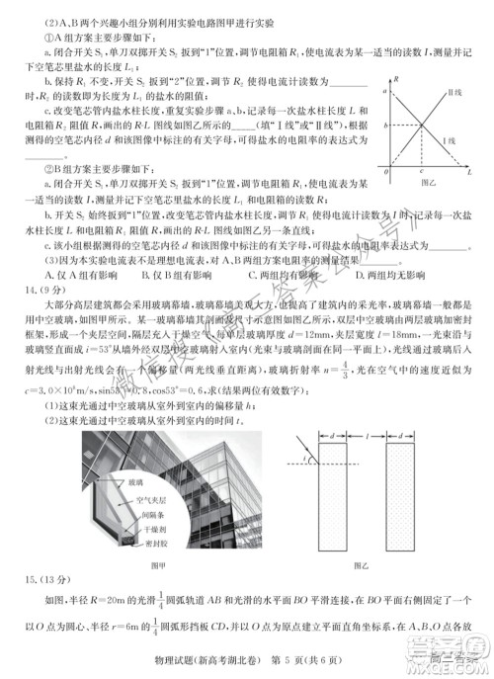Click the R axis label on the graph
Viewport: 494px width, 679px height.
(x=396, y=76)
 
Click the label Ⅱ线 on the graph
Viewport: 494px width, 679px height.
(x=455, y=90)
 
